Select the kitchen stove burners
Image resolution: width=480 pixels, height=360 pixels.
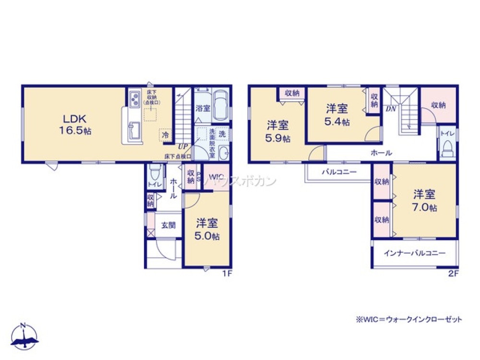134,99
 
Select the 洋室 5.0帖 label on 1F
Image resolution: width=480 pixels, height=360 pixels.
207,229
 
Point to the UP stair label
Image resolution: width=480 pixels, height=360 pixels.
182,146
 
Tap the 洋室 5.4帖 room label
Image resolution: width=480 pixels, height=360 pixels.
336,115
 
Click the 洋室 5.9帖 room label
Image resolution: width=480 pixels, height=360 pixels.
278,132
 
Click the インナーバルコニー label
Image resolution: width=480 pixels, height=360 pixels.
414,253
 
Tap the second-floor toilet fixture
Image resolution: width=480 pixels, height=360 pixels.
448,144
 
